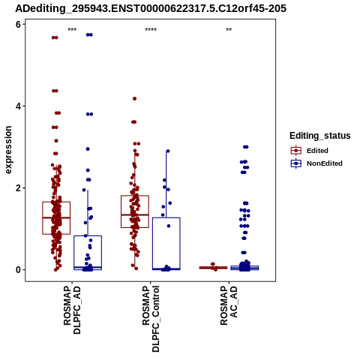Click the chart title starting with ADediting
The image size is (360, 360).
point(151,8)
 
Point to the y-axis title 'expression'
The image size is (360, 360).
point(8,150)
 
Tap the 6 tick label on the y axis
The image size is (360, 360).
point(18,24)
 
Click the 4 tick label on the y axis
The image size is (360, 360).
point(18,106)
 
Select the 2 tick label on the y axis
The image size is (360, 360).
point(18,187)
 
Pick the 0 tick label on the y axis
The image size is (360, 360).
point(18,270)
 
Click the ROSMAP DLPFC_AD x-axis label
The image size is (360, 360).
point(72,310)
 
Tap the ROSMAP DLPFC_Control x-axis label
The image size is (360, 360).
point(151,319)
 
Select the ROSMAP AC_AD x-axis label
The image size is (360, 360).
point(229,305)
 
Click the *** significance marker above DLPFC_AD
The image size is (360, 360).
point(72,30)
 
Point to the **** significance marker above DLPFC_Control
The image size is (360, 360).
point(151,30)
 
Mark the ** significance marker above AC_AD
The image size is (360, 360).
point(229,30)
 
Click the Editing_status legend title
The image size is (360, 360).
point(320,136)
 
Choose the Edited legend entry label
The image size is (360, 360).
point(317,151)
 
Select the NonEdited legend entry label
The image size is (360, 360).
point(325,163)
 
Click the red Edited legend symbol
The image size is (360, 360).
point(296,151)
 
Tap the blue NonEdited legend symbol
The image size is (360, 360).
point(296,163)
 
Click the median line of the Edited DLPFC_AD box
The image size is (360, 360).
point(56,217)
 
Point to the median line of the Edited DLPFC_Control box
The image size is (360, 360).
point(135,214)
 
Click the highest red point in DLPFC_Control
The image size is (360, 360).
point(135,99)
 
